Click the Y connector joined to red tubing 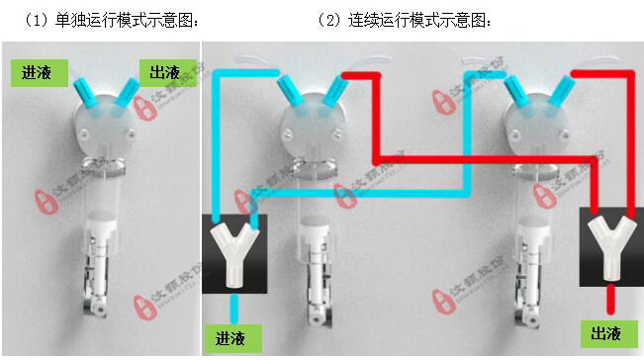[x=611, y=247]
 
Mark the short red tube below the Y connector [x=611, y=297]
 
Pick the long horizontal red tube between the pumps [x=485, y=159]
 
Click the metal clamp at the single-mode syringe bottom [x=98, y=297]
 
